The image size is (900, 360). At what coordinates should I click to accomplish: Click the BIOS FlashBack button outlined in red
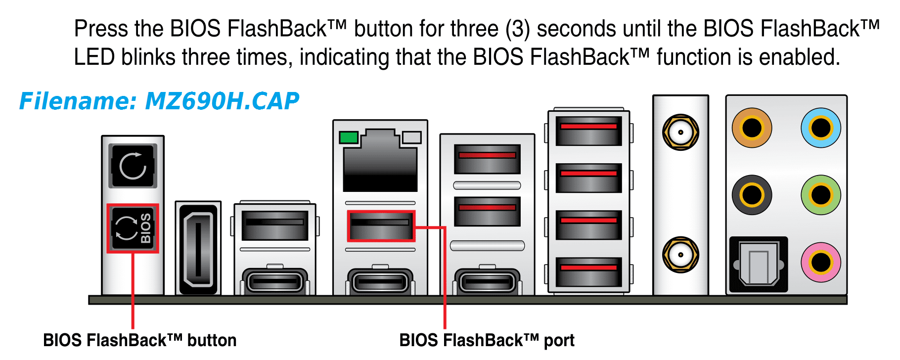133,228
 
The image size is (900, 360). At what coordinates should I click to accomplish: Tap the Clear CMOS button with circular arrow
133,166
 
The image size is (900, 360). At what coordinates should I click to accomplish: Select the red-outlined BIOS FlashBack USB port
381,225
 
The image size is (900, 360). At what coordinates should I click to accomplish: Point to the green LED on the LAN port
349,137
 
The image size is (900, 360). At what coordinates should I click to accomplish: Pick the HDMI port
198,248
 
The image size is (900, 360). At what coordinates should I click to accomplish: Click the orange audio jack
752,128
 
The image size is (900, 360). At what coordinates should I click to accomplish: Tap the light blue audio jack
821,128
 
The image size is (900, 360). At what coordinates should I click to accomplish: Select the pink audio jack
821,262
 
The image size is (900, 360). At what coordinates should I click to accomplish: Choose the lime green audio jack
821,195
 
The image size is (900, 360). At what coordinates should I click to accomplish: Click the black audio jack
752,195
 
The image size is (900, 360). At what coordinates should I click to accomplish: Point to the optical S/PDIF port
758,265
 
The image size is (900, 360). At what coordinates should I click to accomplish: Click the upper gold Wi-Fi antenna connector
680,132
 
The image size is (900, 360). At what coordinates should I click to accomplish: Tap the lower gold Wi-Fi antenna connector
680,255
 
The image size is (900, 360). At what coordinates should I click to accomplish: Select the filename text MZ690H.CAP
222,101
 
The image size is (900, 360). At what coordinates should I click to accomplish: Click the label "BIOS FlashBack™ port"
487,340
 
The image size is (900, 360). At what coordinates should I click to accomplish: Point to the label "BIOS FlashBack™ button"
139,340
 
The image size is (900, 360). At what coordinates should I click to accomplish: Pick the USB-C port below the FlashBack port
380,282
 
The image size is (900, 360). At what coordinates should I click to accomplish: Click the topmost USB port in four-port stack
588,131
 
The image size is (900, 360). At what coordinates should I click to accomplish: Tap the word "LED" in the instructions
94,57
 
